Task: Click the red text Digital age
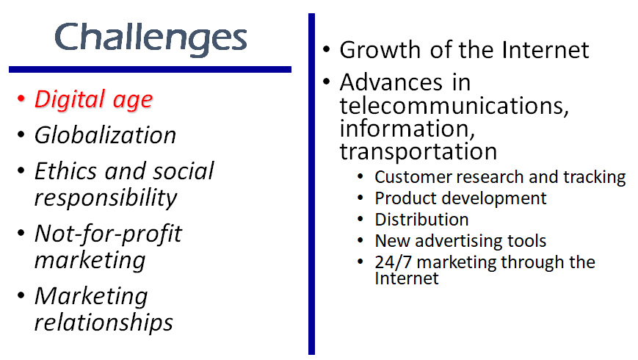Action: (93, 100)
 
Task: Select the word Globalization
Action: (106, 134)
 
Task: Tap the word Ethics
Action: (65, 170)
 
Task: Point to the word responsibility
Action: (106, 198)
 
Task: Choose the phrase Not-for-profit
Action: (108, 234)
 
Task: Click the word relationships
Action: (104, 323)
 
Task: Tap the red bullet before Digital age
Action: (21, 98)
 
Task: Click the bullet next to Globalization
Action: (21, 134)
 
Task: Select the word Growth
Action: (380, 51)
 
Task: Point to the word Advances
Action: (391, 83)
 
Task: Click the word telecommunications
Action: (454, 106)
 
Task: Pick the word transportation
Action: (418, 152)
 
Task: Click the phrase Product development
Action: (460, 198)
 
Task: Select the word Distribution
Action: (421, 220)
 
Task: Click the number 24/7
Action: (393, 262)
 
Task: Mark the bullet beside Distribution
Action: (360, 220)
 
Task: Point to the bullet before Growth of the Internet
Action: (326, 49)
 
